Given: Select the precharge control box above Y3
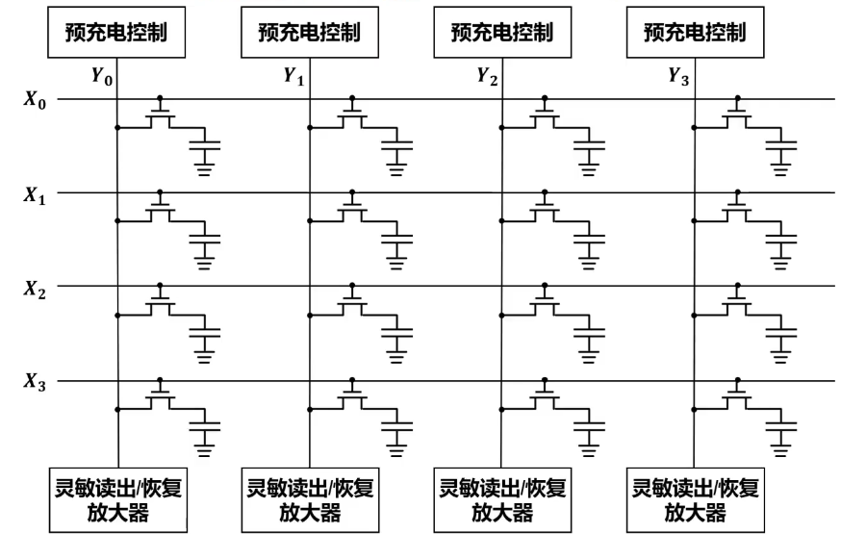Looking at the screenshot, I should [695, 32].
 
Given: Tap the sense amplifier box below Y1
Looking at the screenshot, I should [310, 499].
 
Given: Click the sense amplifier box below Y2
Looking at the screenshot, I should [502, 499].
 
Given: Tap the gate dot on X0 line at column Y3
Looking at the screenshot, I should [738, 98].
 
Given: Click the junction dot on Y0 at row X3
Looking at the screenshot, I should [117, 409].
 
